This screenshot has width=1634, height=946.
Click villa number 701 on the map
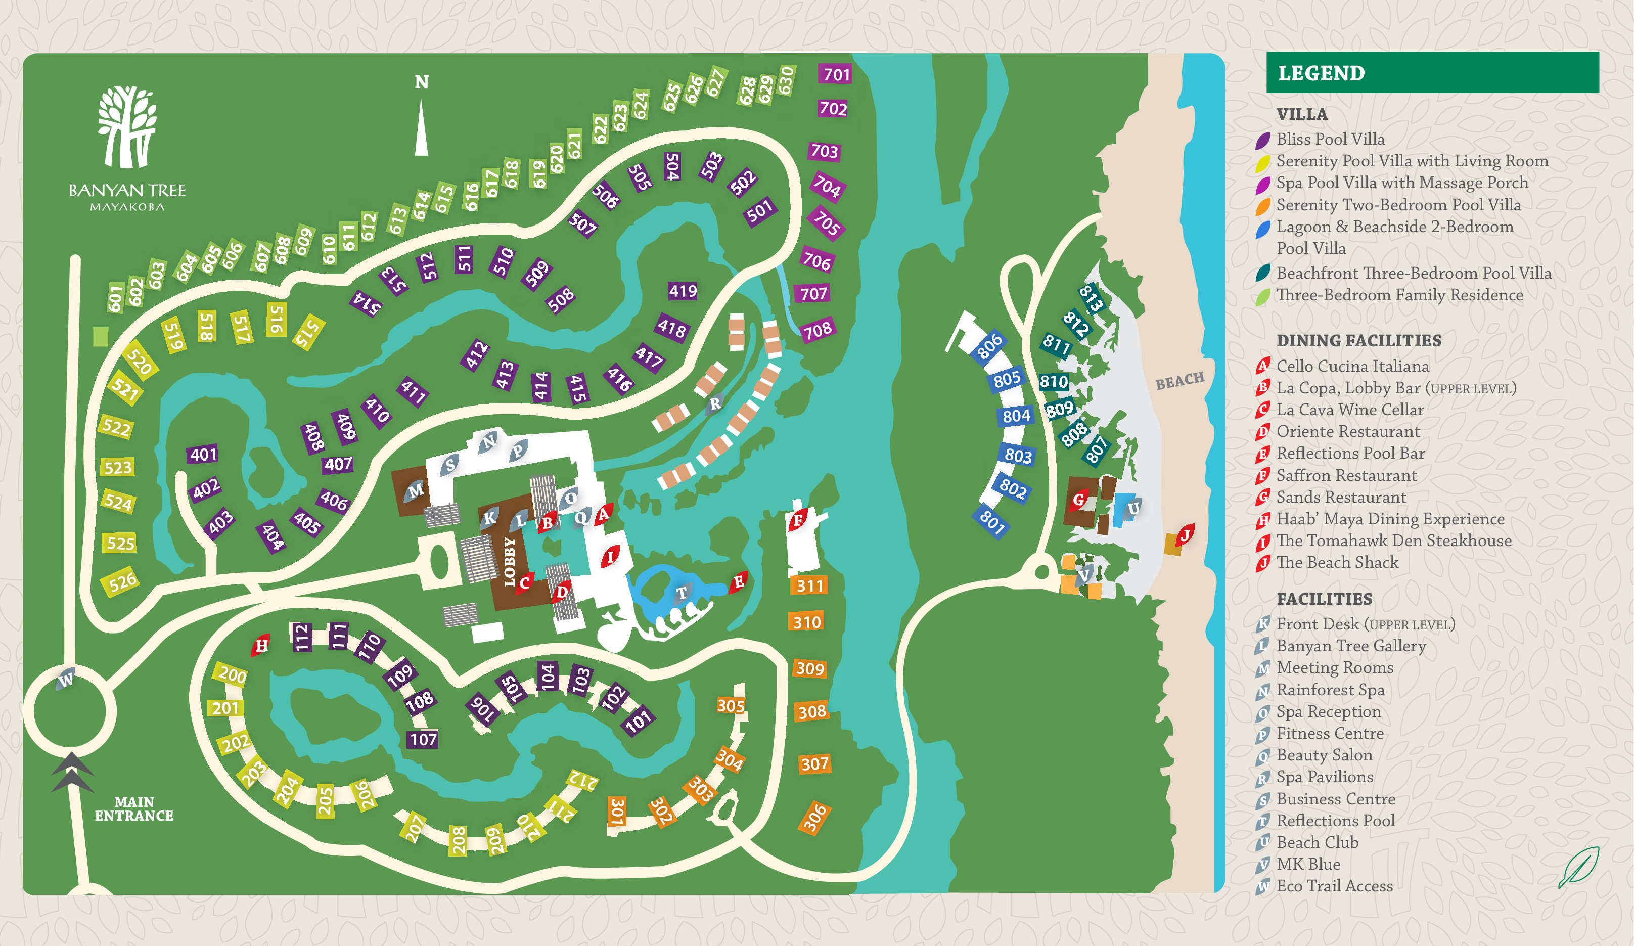836,74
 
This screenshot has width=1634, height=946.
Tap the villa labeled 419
683,291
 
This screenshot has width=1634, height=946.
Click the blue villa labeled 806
989,346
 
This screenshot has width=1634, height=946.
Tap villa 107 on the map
423,739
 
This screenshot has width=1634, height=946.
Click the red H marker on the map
261,645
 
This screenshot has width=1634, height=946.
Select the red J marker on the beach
1185,535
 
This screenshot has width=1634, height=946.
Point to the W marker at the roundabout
66,680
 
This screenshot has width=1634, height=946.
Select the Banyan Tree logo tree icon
127,127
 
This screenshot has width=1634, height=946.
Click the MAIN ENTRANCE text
133,808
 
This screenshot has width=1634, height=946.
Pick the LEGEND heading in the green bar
1321,73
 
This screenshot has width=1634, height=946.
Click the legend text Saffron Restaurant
1346,475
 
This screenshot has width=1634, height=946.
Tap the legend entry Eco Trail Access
1334,886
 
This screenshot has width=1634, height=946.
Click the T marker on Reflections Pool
682,593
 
